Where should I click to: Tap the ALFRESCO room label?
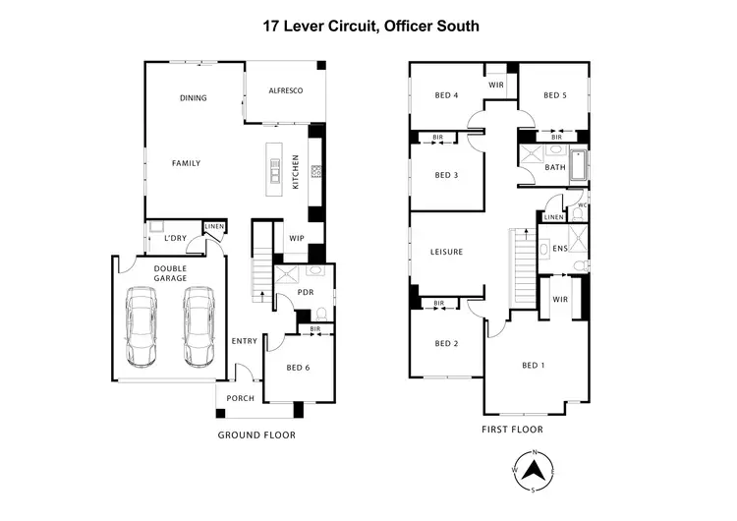(285, 90)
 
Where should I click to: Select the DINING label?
(193, 97)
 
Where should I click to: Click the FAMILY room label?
(186, 162)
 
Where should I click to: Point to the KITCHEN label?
(295, 171)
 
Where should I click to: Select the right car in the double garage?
(198, 323)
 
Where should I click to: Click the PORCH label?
(240, 398)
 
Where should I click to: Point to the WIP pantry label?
(296, 238)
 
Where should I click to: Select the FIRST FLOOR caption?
(512, 430)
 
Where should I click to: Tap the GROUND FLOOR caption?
(255, 434)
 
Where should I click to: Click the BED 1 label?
(532, 366)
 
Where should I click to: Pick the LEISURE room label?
(446, 252)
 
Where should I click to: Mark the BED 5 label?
(555, 95)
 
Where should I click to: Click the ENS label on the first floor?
(559, 249)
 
